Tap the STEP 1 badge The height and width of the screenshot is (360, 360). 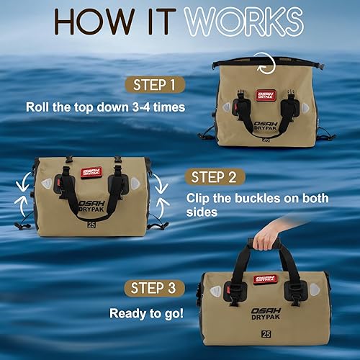[x=154, y=86]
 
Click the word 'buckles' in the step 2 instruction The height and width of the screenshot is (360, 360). [x=276, y=198]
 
